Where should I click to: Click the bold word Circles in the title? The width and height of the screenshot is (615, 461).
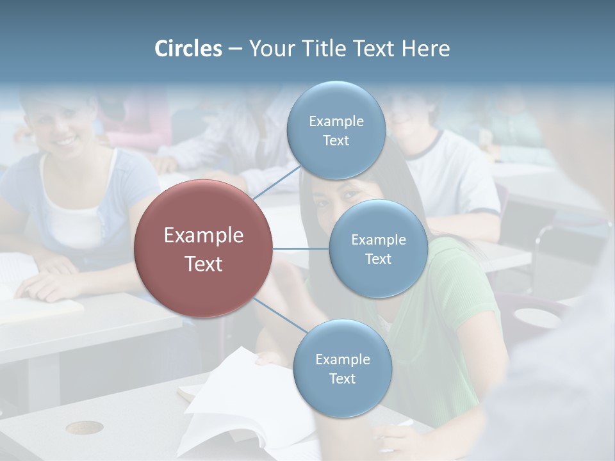tap(188, 49)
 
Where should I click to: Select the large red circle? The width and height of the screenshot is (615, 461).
tap(204, 249)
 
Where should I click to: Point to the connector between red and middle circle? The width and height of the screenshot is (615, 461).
tap(301, 248)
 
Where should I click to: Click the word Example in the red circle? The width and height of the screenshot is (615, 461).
tap(204, 236)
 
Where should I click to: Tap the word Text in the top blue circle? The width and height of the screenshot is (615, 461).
tap(336, 140)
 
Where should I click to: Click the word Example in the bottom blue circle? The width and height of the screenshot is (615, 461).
tap(342, 359)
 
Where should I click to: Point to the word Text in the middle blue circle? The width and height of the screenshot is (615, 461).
tap(378, 259)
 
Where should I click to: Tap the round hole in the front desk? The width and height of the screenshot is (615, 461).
tap(84, 427)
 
